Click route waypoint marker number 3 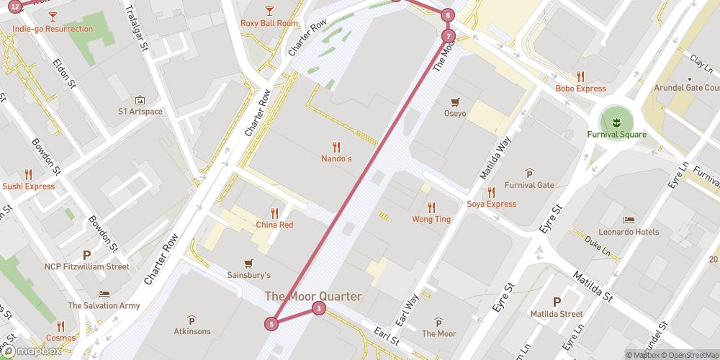tap(318, 309)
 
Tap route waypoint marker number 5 tap(271, 324)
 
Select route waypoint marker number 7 tap(449, 36)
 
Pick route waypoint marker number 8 tap(448, 15)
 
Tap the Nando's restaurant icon tap(336, 146)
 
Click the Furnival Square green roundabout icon tap(616, 120)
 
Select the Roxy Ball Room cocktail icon tap(269, 10)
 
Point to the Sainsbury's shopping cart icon tap(249, 263)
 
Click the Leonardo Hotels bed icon tap(629, 220)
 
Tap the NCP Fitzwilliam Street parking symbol tap(87, 254)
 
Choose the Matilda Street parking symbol tap(556, 302)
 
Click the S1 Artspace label tap(140, 112)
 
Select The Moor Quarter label tap(313, 296)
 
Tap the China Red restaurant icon tap(274, 212)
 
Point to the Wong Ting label tap(431, 219)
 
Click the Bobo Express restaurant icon tap(580, 76)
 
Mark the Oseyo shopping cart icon tap(454, 102)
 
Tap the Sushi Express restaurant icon tap(28, 174)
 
